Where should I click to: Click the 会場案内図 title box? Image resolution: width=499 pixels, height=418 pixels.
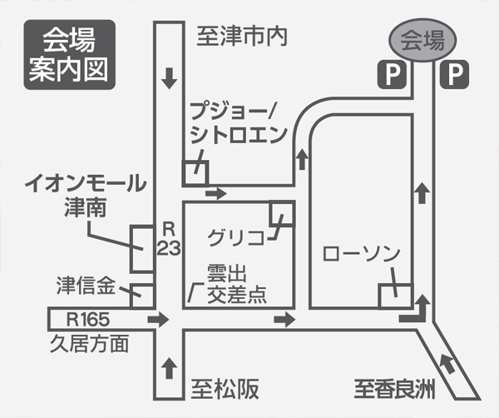pos(68,54)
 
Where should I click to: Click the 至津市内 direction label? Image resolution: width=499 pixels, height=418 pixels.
pos(241,36)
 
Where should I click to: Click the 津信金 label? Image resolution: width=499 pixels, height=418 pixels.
pos(85,285)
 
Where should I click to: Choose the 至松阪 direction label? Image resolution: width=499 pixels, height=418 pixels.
pos(226,388)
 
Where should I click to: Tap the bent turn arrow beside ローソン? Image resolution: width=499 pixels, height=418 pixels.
pos(415,312)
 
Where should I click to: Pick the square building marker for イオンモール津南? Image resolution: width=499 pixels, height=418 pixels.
pos(142,249)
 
